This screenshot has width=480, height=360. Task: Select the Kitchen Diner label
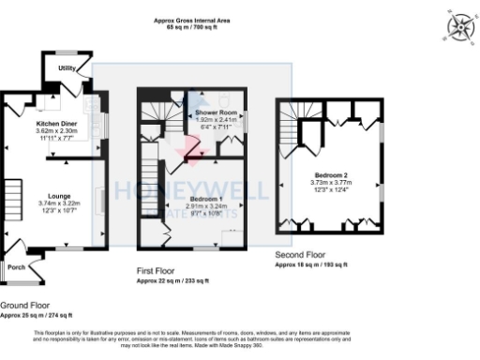56,124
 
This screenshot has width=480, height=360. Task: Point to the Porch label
17,266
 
